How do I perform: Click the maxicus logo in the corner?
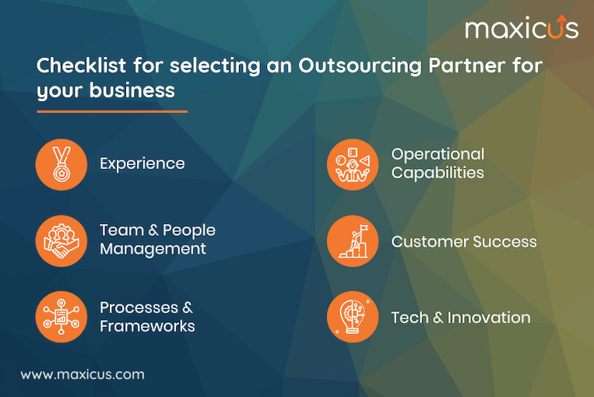522,29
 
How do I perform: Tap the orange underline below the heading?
112,111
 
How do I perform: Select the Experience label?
142,163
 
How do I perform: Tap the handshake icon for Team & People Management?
61,241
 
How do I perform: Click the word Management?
153,249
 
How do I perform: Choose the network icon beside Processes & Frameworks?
61,317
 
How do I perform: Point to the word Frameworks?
147,325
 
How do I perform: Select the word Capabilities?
438,172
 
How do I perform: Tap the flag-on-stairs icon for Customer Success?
353,241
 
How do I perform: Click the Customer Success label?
464,241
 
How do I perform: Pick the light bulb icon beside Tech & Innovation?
353,317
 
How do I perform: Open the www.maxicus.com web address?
83,374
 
